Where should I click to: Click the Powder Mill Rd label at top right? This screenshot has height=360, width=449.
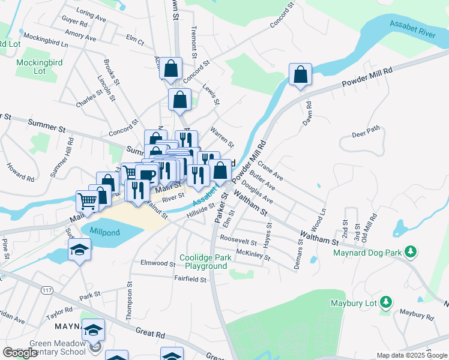(367, 79)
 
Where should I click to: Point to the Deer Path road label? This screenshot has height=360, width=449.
(366, 131)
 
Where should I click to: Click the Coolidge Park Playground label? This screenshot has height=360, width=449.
(206, 262)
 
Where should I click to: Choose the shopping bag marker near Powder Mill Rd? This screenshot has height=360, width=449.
(300, 76)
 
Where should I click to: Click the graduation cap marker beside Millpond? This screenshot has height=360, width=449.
(79, 250)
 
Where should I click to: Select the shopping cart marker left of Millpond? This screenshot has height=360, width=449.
(88, 201)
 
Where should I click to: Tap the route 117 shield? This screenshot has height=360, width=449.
(46, 290)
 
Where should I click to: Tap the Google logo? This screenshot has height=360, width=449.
(20, 352)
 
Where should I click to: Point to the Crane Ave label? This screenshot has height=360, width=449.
(270, 170)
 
